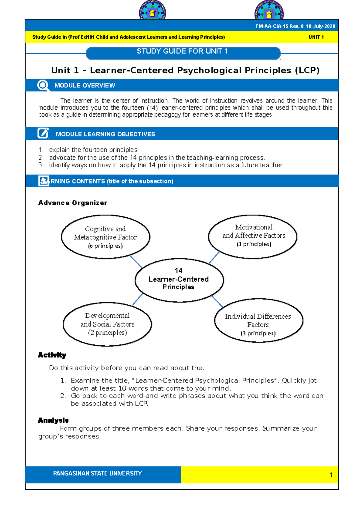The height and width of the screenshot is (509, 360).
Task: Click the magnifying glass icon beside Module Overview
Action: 43,85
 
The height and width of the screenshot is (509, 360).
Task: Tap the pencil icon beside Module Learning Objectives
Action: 43,133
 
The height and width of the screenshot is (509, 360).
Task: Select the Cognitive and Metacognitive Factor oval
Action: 105,237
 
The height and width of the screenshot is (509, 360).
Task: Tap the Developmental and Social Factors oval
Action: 107,324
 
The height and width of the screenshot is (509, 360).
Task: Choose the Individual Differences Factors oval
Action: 258,321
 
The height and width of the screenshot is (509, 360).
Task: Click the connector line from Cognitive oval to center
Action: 136,262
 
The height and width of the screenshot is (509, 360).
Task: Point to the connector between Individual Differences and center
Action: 217,301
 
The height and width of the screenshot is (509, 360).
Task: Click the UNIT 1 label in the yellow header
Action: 316,37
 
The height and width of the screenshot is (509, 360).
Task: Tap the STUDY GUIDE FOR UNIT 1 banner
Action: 183,52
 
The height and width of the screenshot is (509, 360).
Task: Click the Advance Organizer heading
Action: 73,203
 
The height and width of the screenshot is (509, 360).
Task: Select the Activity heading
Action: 52,355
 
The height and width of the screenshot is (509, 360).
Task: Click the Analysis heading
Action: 53,420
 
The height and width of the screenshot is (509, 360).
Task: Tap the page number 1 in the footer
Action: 331,475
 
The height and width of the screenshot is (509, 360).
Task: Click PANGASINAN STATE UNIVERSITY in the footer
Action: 97,474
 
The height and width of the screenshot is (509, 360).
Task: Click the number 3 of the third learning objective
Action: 40,165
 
